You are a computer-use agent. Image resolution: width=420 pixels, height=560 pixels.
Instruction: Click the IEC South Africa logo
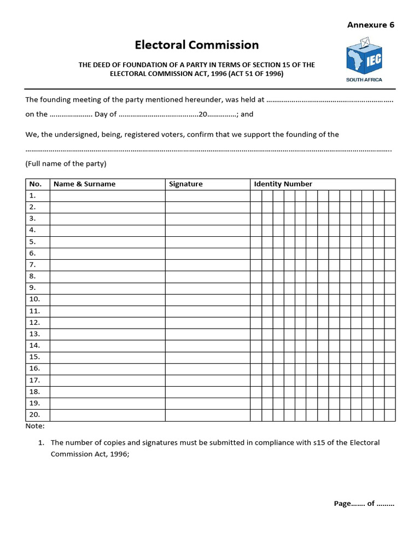click(x=364, y=60)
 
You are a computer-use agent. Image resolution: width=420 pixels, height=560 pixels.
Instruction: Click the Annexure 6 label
click(x=371, y=25)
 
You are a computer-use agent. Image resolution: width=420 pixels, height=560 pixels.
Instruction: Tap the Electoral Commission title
click(x=197, y=45)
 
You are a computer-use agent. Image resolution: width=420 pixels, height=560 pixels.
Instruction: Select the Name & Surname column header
click(x=85, y=184)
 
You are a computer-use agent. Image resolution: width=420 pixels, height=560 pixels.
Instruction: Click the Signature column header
click(x=186, y=184)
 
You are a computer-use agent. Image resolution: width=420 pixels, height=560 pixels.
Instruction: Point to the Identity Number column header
click(x=283, y=184)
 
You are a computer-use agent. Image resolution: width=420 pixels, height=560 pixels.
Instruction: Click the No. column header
click(x=36, y=184)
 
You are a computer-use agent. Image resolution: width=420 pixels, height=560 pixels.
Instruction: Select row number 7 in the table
click(x=33, y=265)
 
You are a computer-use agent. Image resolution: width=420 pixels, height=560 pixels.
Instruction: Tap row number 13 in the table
click(x=34, y=334)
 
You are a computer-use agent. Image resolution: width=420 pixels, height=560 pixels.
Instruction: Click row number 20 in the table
click(x=34, y=415)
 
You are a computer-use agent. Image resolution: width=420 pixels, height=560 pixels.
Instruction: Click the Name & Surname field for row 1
click(x=107, y=196)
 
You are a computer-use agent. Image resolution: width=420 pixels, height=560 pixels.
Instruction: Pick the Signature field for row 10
click(x=207, y=299)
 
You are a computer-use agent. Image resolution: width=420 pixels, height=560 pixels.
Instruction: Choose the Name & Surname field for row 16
click(x=107, y=369)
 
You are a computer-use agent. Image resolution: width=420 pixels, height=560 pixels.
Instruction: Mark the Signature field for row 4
click(x=207, y=230)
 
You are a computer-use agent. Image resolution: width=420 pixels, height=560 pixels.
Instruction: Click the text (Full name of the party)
click(x=66, y=164)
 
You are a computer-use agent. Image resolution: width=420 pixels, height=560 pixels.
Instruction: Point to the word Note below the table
click(x=35, y=426)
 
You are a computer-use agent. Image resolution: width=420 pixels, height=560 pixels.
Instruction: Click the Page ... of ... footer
click(x=364, y=504)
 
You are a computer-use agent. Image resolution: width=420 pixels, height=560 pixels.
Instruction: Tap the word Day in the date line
click(x=102, y=114)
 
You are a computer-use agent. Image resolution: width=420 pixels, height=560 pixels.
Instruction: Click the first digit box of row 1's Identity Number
click(x=256, y=196)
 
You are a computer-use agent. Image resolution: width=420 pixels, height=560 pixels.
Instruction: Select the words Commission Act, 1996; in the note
click(x=90, y=454)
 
